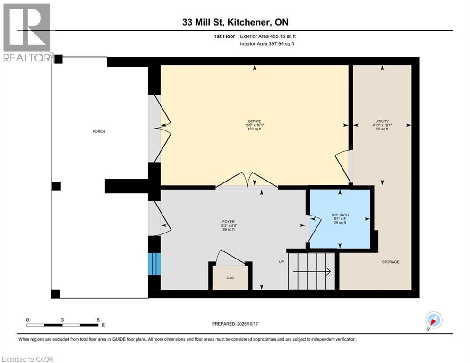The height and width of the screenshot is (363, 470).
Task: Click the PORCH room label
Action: [99, 131]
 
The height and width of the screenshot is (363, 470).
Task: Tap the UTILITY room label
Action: [382, 121]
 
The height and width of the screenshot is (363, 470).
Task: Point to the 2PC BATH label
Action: [340, 215]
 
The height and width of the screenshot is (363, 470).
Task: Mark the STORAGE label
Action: [391, 262]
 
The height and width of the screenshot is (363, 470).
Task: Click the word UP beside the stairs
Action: [281, 262]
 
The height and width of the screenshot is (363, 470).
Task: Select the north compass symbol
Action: [433, 320]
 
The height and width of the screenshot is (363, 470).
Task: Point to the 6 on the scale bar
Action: [98, 320]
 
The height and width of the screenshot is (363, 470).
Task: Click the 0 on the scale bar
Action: [27, 320]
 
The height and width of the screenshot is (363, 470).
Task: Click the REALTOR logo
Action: [27, 33]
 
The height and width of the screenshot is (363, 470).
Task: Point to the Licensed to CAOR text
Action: [28, 359]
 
